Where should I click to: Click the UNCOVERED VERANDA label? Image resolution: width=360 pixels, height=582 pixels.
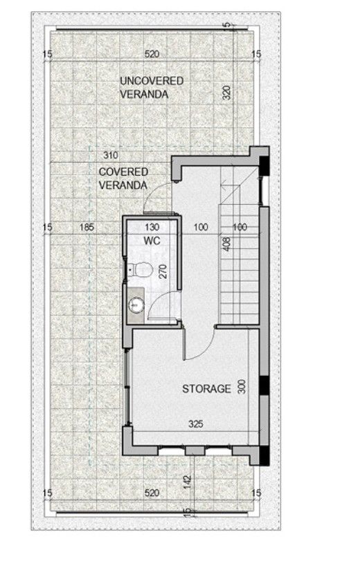(152, 87)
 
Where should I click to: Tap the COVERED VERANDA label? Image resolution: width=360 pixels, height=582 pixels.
(123, 178)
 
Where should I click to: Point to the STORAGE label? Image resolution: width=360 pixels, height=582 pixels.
(206, 389)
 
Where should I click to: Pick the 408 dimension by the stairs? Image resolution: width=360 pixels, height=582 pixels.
(226, 243)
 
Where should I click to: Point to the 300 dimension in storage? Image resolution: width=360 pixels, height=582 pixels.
(242, 387)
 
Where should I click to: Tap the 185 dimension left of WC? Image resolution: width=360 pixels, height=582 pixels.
(87, 226)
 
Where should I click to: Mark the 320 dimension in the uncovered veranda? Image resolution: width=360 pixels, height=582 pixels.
(226, 94)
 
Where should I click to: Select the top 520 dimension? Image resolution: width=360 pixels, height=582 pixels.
(152, 54)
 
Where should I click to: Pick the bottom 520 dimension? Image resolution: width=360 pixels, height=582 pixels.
(152, 493)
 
